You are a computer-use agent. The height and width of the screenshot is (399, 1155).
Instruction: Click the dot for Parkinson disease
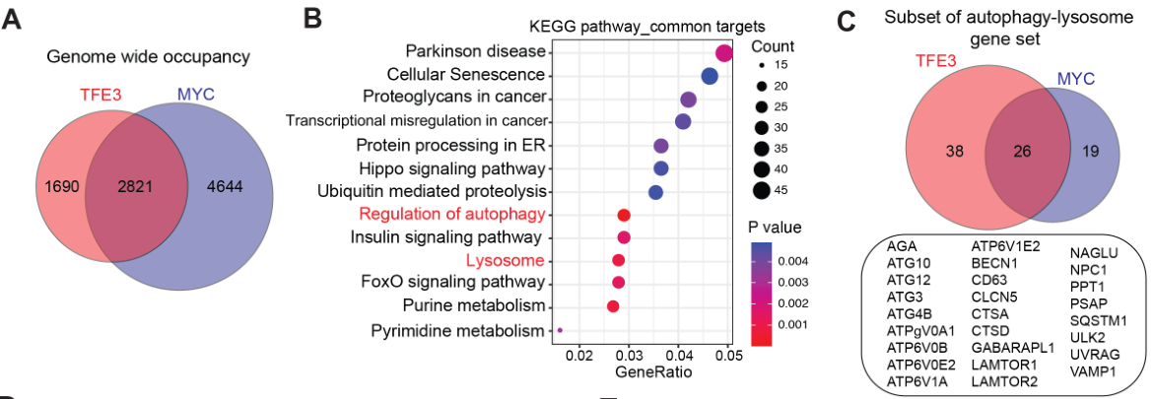click(724, 53)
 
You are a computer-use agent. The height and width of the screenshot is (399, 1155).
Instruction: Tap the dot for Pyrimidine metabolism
click(560, 330)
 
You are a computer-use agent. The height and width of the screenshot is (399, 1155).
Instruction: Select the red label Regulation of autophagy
click(450, 215)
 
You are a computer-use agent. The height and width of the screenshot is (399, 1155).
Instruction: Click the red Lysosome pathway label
click(506, 261)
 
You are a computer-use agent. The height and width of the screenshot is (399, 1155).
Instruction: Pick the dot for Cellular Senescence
click(710, 76)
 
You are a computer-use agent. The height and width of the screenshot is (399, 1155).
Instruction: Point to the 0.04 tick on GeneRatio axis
click(678, 354)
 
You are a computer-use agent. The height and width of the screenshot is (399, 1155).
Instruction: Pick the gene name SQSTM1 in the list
click(1099, 320)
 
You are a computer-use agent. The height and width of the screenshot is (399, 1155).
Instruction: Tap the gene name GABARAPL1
click(1014, 348)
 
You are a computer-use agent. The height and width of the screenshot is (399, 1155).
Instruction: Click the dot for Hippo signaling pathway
click(661, 168)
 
